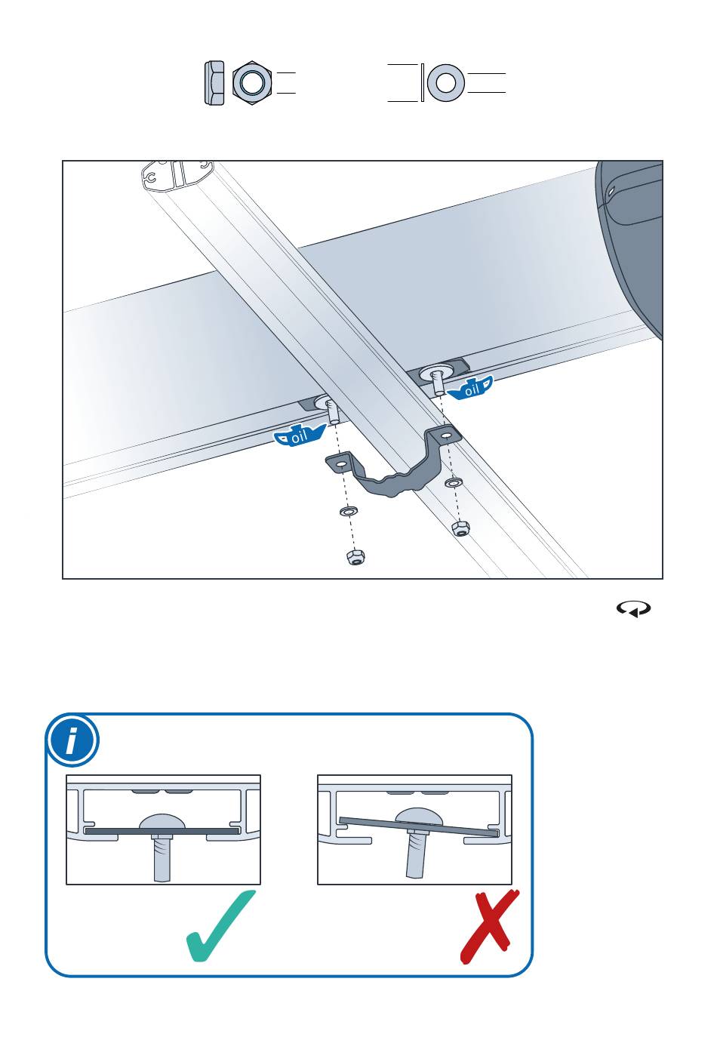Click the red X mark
[x=489, y=927]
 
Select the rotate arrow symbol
[x=633, y=609]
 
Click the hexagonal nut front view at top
[x=252, y=83]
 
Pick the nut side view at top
[x=214, y=83]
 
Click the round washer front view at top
[x=446, y=83]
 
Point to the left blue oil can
[x=299, y=435]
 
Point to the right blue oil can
[x=470, y=388]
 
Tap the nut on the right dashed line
[x=461, y=528]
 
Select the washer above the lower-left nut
[x=348, y=512]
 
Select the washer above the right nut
[x=454, y=483]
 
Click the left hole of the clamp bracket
[x=340, y=463]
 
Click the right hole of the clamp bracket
[x=445, y=435]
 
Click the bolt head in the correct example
[x=162, y=821]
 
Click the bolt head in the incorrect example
[x=420, y=817]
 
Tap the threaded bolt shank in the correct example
[x=162, y=857]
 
